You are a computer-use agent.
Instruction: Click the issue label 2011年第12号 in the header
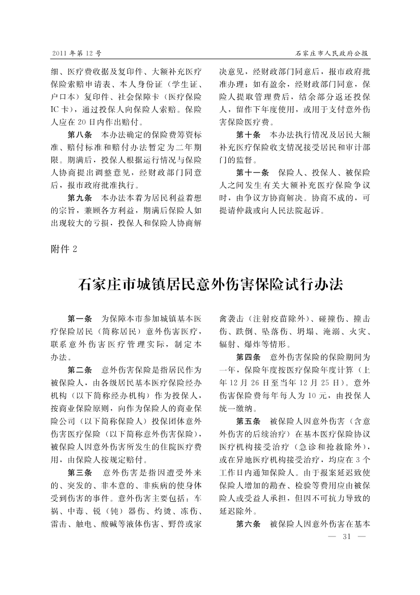click(x=77, y=53)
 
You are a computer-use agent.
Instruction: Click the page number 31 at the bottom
click(x=348, y=536)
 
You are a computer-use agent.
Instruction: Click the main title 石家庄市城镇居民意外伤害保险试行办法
click(x=211, y=284)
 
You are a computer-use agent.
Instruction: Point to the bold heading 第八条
click(x=79, y=135)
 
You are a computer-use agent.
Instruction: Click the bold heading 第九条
click(x=79, y=197)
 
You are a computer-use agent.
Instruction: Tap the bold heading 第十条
click(x=248, y=135)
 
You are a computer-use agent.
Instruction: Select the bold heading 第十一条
click(x=252, y=172)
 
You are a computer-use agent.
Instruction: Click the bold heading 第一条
click(x=79, y=319)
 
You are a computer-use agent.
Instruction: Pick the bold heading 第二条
click(x=79, y=369)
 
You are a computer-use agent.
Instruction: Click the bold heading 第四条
click(x=248, y=356)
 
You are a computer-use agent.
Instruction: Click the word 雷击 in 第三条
click(x=59, y=523)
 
